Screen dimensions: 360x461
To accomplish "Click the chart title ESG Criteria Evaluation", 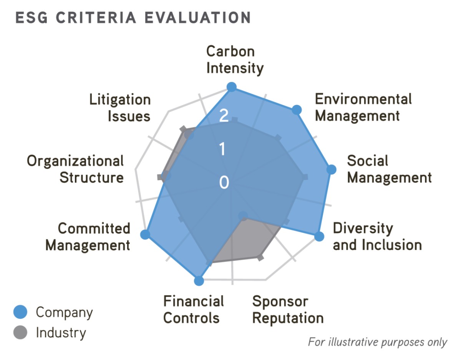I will point(133,18).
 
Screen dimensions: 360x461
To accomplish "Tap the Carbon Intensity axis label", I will point(235,60).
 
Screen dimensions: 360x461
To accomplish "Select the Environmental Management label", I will point(363,107).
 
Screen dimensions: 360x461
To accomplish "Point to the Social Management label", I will point(389,169).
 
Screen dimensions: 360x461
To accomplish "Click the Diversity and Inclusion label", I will point(377,236).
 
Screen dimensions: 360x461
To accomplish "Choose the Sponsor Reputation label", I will point(288,310).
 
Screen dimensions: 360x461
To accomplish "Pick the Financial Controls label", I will point(193,310).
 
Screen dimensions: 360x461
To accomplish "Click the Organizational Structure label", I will point(75,169).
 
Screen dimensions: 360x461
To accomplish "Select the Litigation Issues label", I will point(120,108).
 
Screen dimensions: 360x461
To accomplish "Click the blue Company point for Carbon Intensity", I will point(231,87).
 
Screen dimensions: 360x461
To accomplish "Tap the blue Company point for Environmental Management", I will point(296,110).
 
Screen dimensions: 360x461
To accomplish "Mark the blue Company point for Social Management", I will point(331,169).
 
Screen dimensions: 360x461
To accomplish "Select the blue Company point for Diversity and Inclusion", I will point(319,236).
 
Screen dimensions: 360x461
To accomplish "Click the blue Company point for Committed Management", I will point(145,234).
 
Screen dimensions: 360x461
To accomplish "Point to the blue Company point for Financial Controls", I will point(199,281).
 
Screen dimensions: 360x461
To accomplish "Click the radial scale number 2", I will point(224,116).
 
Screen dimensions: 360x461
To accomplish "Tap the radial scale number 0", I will point(224,182).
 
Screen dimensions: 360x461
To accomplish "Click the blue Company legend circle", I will point(21,312).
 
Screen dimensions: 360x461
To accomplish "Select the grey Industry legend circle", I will point(21,332).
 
